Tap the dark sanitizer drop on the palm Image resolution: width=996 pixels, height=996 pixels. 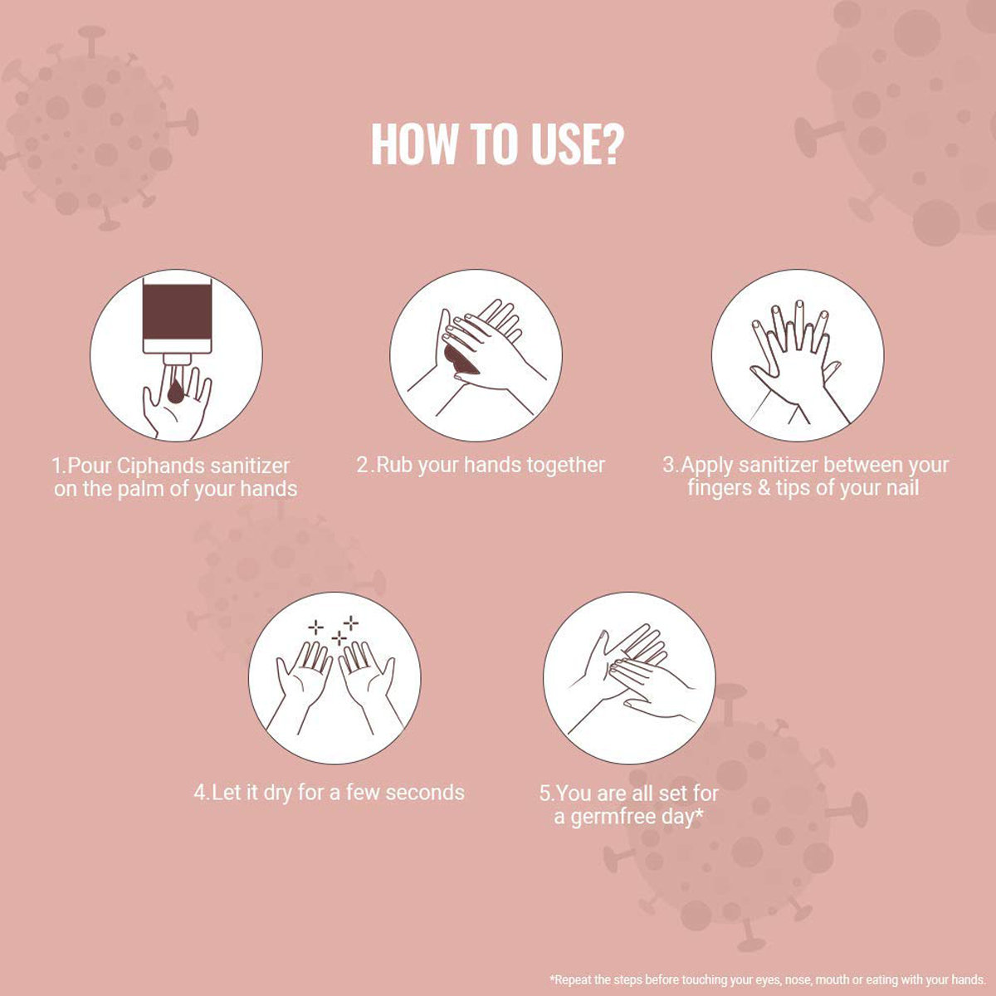pos(176,391)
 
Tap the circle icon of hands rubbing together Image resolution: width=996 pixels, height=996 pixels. pos(476,355)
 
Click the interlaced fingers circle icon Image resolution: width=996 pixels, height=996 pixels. pos(798,355)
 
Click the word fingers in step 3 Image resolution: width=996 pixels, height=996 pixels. pos(720,489)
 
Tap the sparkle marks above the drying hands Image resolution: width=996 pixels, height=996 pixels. pos(334,631)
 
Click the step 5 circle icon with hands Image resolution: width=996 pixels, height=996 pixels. pos(629,678)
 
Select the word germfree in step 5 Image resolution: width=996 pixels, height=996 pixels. pos(614,818)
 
